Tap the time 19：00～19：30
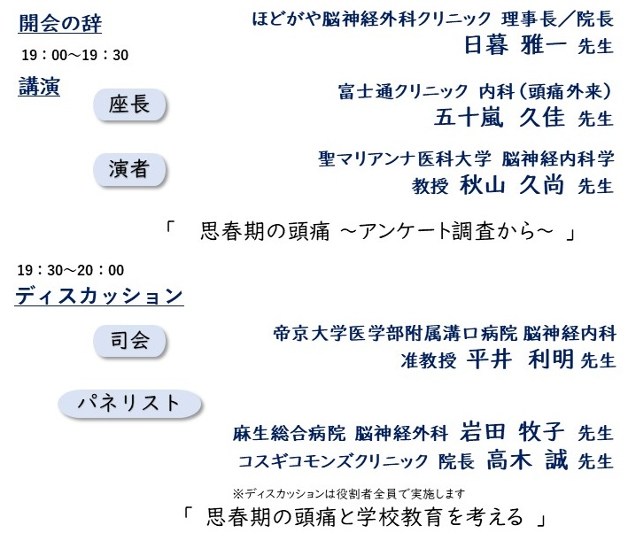click(75, 55)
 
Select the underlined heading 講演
click(39, 87)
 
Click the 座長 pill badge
click(129, 105)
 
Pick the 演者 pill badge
click(129, 168)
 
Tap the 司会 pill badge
click(129, 339)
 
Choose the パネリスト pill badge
click(129, 403)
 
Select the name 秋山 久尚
click(513, 184)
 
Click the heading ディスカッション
click(98, 296)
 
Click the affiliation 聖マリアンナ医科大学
click(404, 158)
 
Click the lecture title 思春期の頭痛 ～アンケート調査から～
click(377, 232)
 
